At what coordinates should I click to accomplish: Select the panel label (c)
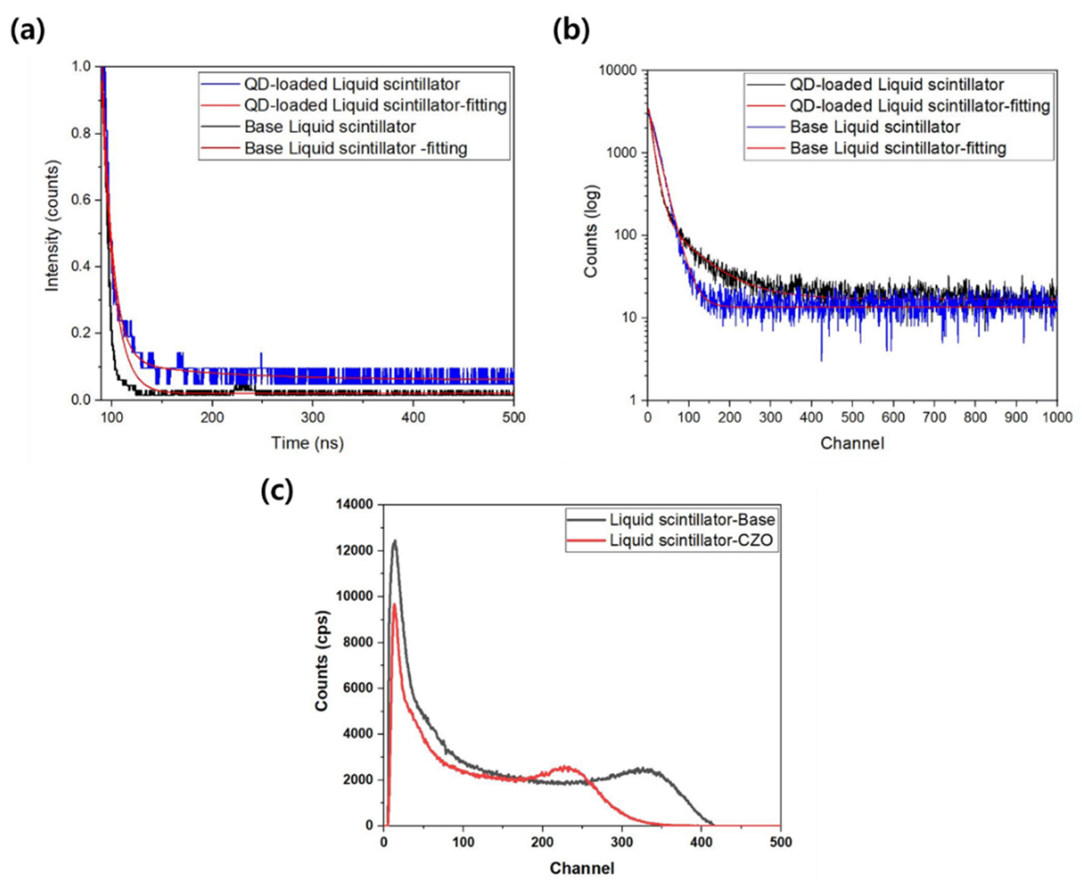276,491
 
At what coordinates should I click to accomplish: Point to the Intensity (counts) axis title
52,226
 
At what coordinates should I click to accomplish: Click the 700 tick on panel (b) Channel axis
934,417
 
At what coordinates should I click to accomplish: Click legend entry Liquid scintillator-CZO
692,540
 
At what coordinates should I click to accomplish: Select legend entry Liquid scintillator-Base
692,520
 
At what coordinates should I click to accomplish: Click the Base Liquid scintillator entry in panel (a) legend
330,127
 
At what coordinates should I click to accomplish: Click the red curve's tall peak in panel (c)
394,605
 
